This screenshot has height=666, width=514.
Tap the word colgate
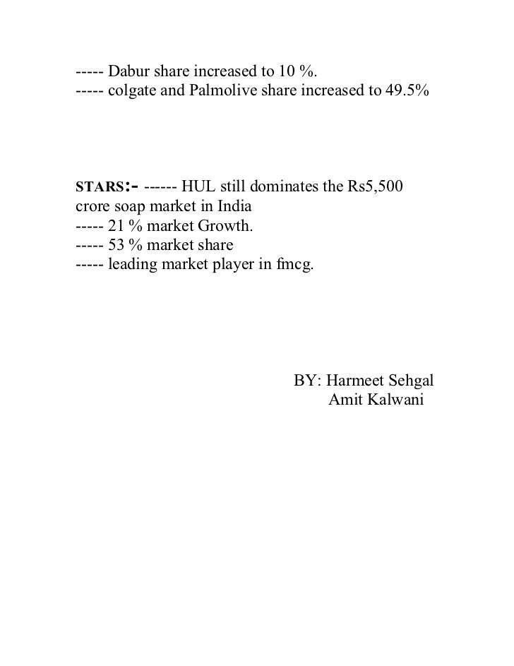(132, 91)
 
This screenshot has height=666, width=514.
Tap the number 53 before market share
(115, 246)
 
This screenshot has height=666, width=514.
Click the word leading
(131, 265)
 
